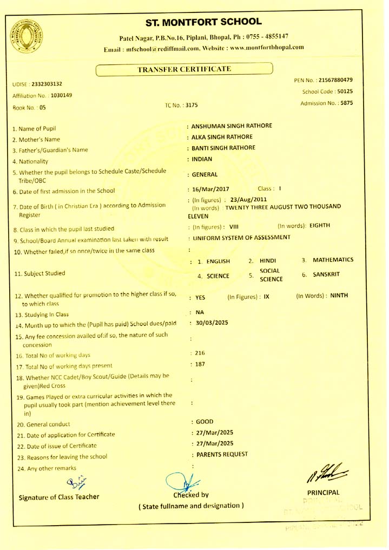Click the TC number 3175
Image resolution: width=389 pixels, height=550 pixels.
[192, 106]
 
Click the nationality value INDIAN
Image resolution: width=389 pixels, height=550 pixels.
[202, 159]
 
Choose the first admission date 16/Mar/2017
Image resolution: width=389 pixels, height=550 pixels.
[211, 189]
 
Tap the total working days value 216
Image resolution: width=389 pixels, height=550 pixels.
[196, 353]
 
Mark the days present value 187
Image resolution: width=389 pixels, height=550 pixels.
[196, 364]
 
